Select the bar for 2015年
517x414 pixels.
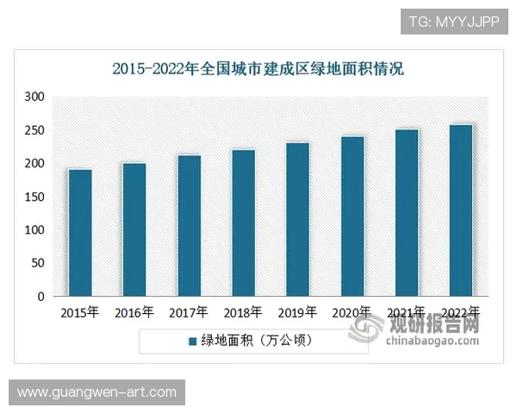pos(80,233)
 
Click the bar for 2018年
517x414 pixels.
pos(244,223)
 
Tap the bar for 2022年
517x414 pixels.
pos(461,210)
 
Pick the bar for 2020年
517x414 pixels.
pos(352,216)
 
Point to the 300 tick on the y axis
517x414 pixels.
pos(34,97)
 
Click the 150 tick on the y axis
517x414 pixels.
pos(34,198)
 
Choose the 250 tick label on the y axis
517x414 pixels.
pos(34,131)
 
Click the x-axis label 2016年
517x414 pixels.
pos(134,312)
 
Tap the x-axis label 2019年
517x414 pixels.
pos(297,312)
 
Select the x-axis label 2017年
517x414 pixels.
pos(189,312)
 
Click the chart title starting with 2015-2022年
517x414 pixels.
pos(258,68)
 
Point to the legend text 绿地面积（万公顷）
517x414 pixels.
pos(258,341)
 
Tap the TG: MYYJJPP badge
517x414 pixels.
pos(452,22)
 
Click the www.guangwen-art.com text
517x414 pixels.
pos(97,392)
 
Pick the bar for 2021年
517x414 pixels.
pos(407,213)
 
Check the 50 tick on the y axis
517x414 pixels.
pos(37,264)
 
